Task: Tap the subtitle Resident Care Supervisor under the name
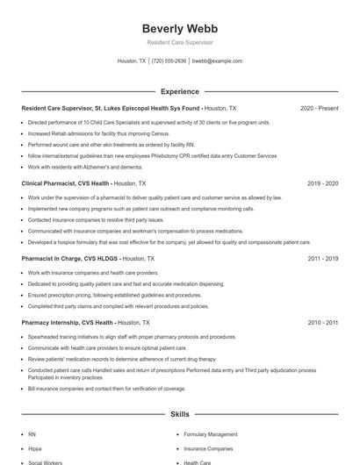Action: [179, 42]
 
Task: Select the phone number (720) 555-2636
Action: [169, 61]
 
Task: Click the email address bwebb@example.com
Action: [217, 61]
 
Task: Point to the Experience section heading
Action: [179, 91]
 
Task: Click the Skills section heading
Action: [179, 412]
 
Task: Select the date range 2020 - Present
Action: [319, 108]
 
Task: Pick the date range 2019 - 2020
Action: [322, 184]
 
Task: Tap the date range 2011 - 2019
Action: [322, 260]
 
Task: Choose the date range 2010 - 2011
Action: [322, 323]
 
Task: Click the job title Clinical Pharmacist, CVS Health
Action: [66, 184]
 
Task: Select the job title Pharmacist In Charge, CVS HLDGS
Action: [70, 260]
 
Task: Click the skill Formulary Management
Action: [211, 434]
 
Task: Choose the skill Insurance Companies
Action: [208, 448]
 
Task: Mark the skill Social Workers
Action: [45, 461]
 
